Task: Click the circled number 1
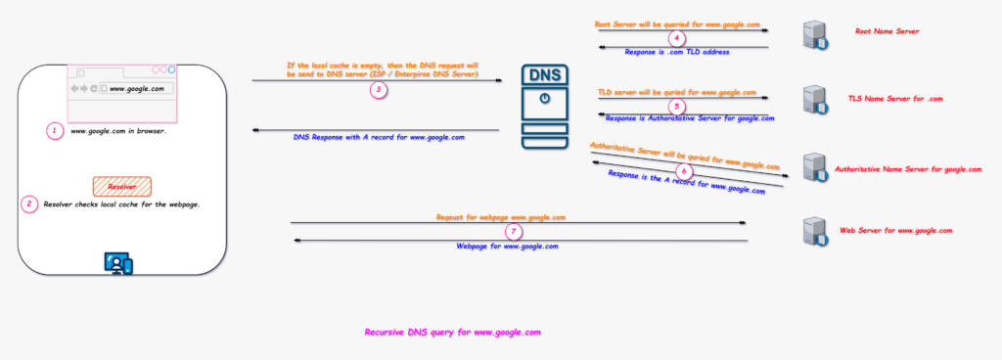tap(55, 130)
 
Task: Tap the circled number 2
tap(29, 204)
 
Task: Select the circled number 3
tap(378, 89)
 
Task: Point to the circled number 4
tap(675, 38)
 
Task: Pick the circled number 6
tap(684, 170)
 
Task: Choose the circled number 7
tap(514, 232)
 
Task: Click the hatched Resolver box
tap(121, 185)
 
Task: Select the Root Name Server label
tap(887, 31)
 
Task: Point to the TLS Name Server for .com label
tap(894, 99)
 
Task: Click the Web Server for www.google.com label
tap(895, 230)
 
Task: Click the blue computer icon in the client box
tap(118, 262)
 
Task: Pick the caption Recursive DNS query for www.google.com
tap(452, 333)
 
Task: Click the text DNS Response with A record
tap(379, 138)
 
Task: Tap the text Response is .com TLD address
tap(677, 51)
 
